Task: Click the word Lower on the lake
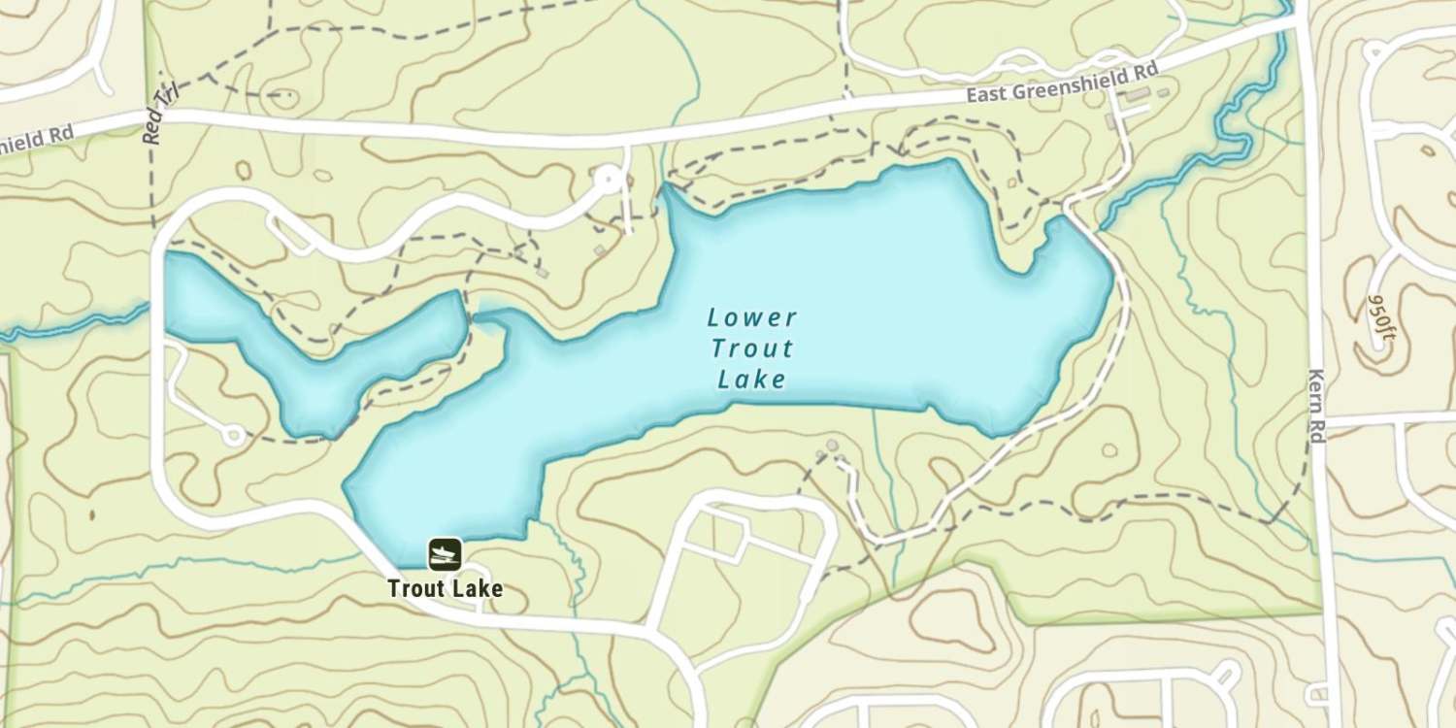(x=752, y=317)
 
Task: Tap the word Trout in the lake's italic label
(x=752, y=348)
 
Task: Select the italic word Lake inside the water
(x=752, y=380)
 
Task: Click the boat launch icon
(x=445, y=554)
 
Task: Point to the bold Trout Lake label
(x=445, y=588)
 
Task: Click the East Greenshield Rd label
(x=1062, y=85)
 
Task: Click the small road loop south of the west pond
(x=233, y=435)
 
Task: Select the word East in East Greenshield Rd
(x=986, y=94)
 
